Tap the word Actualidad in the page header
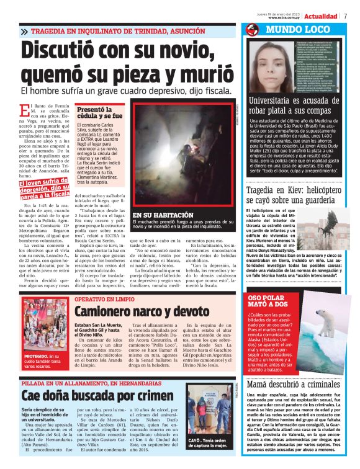320,16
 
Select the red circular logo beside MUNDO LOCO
251,30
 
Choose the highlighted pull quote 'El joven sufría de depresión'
43,189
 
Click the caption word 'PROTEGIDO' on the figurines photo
37,357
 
